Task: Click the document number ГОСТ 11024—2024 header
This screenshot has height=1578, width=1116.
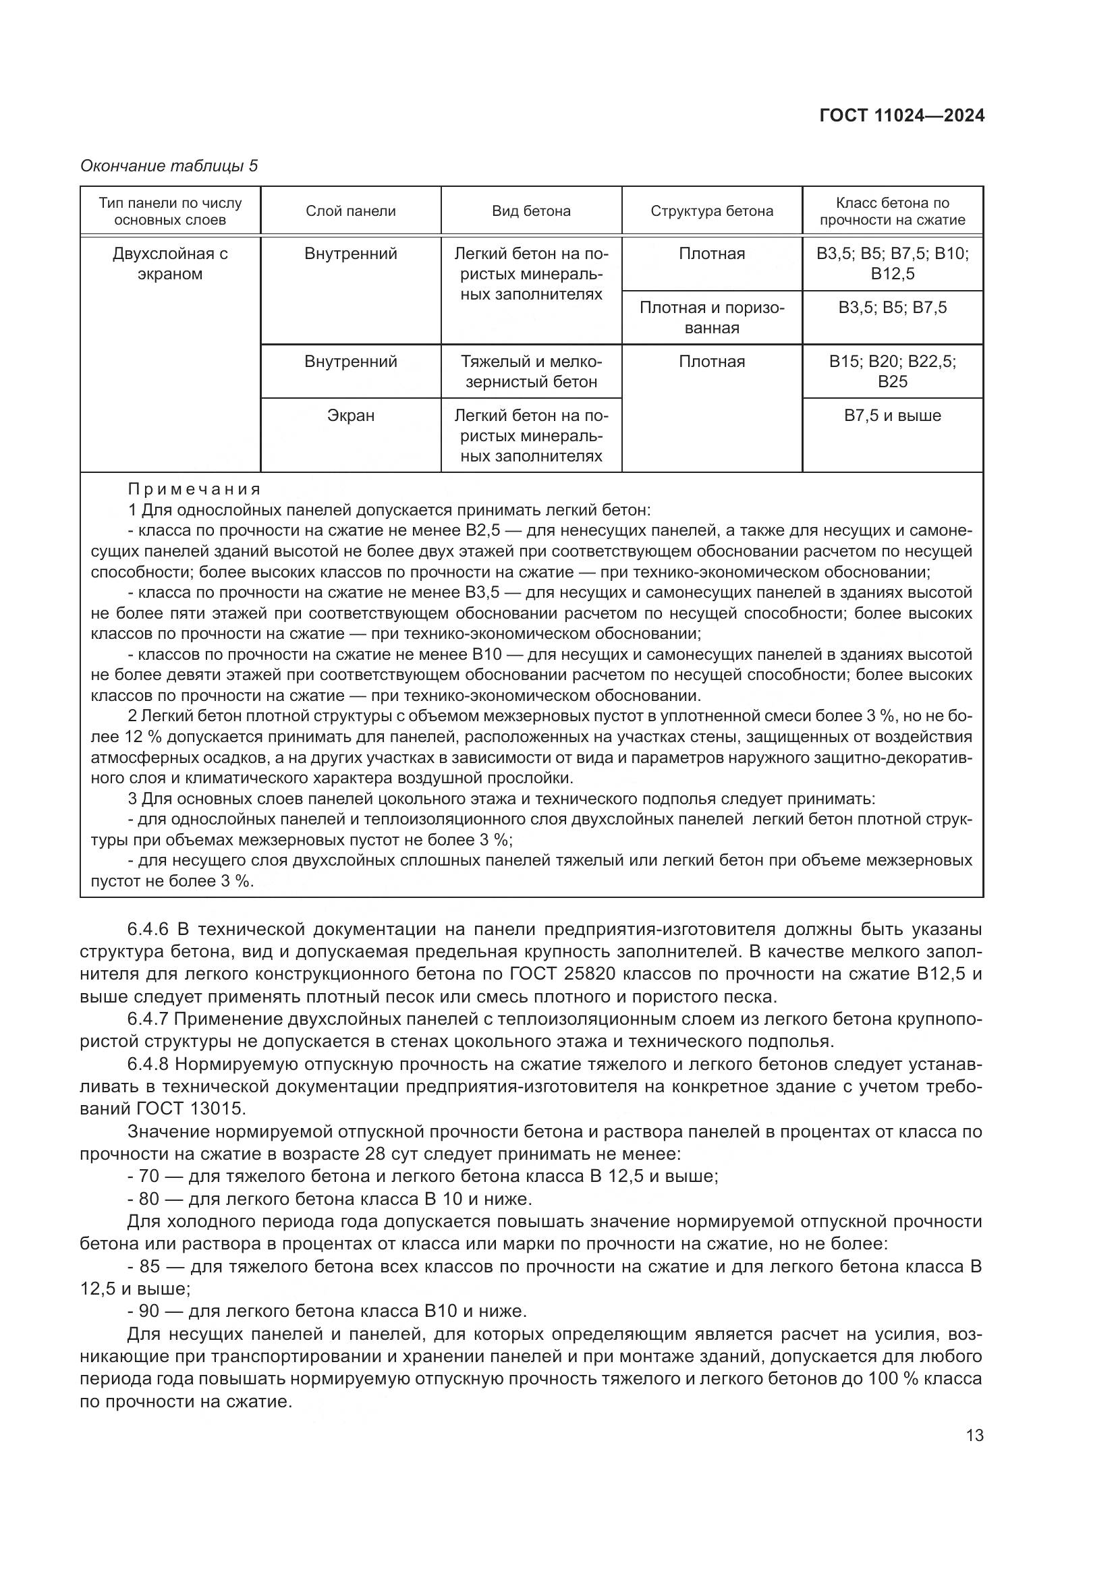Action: pyautogui.click(x=901, y=115)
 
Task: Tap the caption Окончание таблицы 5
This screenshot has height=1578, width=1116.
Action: pyautogui.click(x=169, y=166)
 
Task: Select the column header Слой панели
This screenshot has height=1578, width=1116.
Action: pyautogui.click(x=350, y=211)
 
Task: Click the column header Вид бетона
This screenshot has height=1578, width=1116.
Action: pyautogui.click(x=531, y=211)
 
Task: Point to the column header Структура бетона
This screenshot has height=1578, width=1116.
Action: pyautogui.click(x=712, y=211)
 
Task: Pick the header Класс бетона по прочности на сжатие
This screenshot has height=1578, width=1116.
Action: pyautogui.click(x=892, y=211)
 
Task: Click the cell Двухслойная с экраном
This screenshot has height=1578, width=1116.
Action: pyautogui.click(x=170, y=264)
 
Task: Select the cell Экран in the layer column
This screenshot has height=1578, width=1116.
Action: pyautogui.click(x=350, y=416)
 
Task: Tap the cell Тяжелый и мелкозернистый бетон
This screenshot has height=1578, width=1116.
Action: pyautogui.click(x=531, y=372)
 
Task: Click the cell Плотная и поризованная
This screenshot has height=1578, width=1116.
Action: pyautogui.click(x=712, y=318)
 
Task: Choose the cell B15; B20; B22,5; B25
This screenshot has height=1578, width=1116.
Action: pyautogui.click(x=892, y=372)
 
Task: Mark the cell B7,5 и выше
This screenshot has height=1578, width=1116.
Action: pyautogui.click(x=892, y=416)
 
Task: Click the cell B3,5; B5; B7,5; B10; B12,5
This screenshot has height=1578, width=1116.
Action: pyautogui.click(x=892, y=264)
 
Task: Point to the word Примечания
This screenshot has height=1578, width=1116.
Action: pyautogui.click(x=194, y=489)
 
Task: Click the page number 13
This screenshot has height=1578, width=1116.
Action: pyautogui.click(x=974, y=1435)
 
